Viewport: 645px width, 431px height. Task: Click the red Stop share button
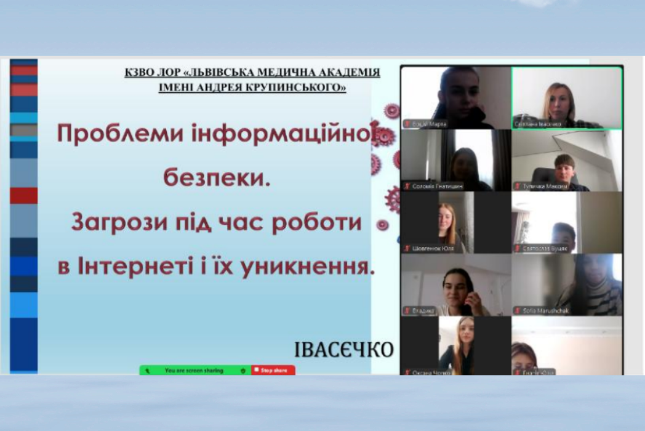[273, 371]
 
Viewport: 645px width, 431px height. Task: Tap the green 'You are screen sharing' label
[193, 371]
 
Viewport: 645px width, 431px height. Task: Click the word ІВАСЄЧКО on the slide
[343, 350]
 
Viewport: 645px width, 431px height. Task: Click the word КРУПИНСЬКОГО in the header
[301, 87]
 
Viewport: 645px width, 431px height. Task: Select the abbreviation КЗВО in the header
[141, 73]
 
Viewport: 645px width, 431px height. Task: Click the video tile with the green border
[567, 97]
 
